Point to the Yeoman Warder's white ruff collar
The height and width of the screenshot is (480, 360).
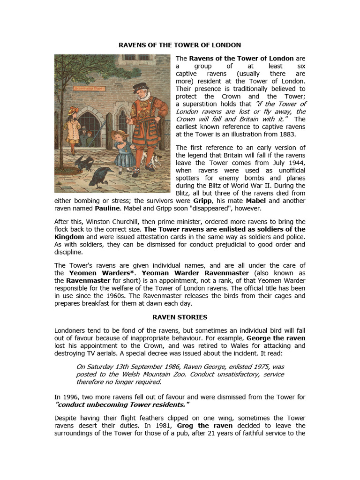tap(142, 99)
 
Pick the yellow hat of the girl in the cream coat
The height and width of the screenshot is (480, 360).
tap(73, 111)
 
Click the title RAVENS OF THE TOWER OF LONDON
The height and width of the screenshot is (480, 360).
tap(180, 45)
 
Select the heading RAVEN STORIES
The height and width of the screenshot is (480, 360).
tap(180, 317)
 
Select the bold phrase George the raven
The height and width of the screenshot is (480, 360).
tap(276, 338)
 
